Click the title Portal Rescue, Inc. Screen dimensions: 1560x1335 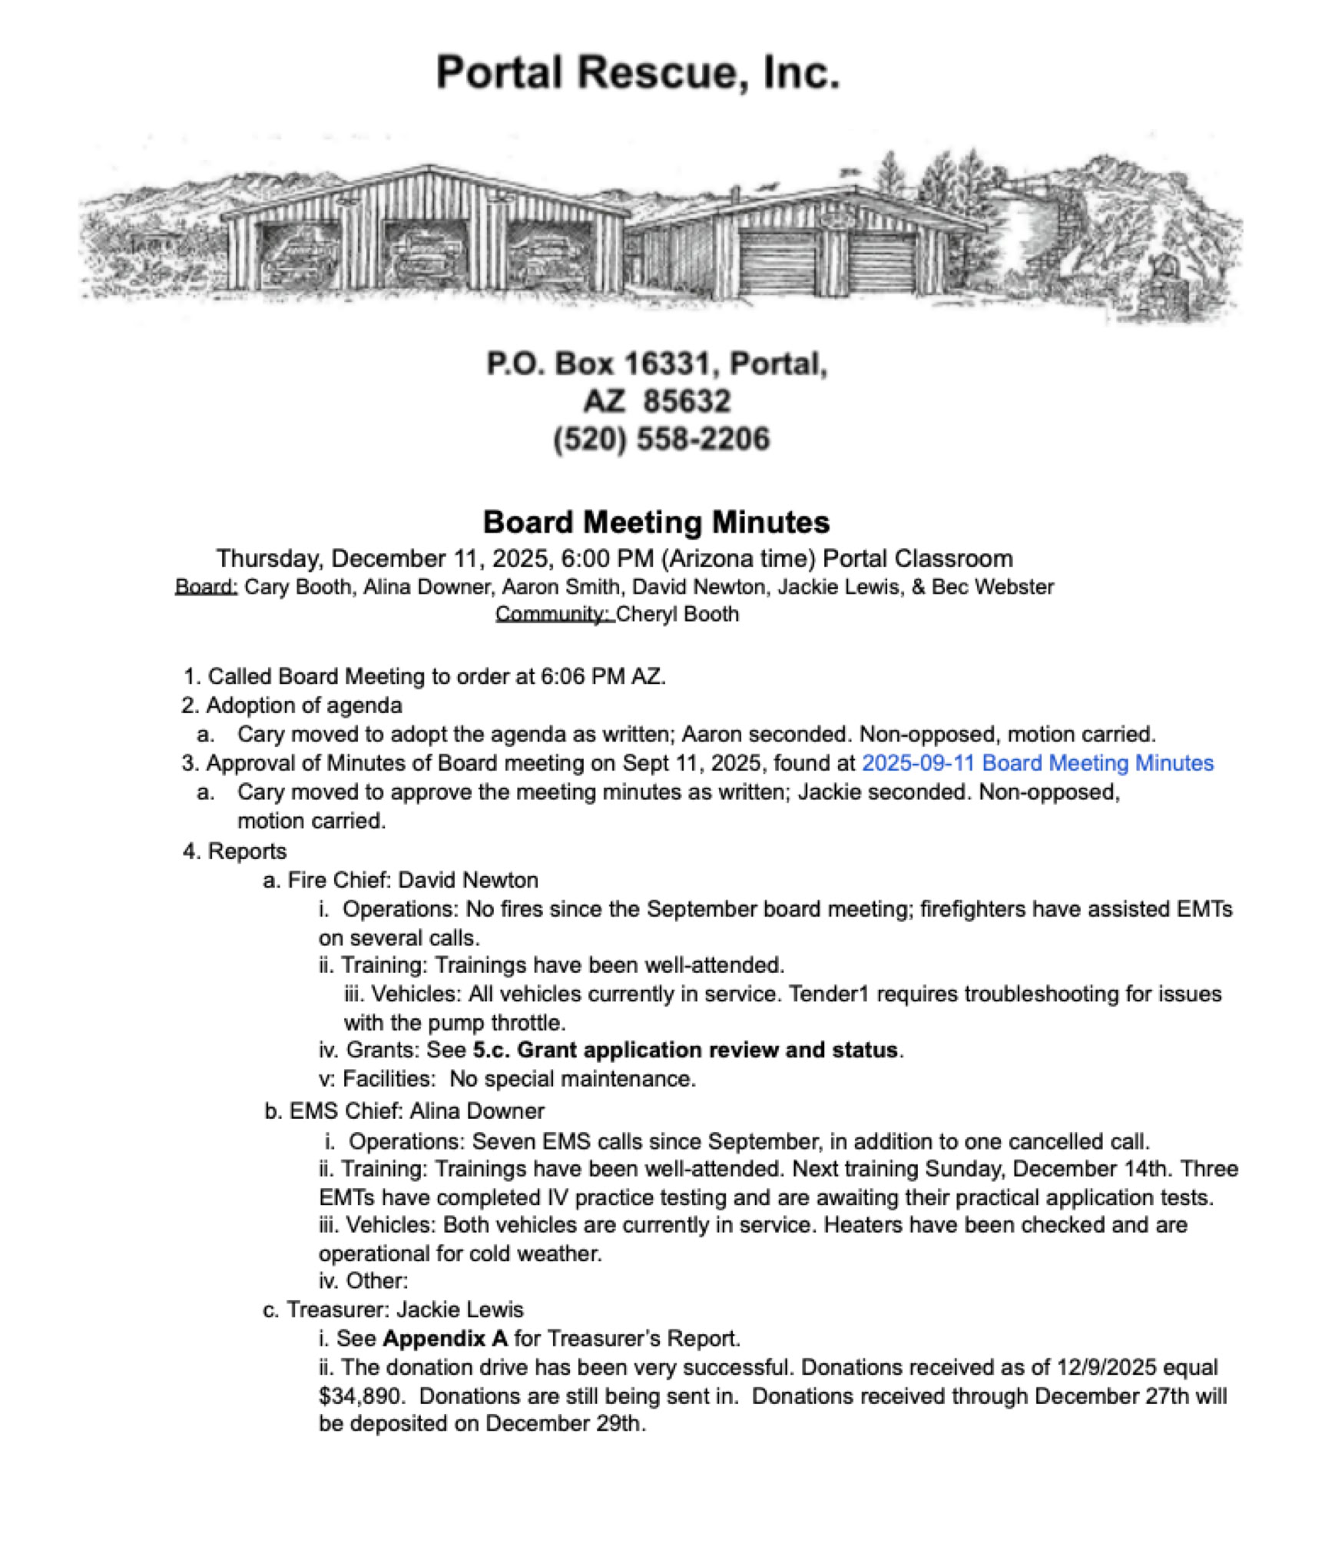(x=638, y=73)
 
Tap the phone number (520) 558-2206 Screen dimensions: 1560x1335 (x=661, y=439)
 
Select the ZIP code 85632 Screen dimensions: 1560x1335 (x=687, y=401)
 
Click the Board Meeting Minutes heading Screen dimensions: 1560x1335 (x=656, y=523)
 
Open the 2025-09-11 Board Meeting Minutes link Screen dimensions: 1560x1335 (x=1037, y=763)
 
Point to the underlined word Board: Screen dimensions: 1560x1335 (x=206, y=587)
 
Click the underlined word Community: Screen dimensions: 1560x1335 (x=553, y=615)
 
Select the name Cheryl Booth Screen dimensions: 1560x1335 (x=677, y=615)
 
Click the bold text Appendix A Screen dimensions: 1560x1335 (x=445, y=1339)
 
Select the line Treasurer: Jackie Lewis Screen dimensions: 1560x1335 (x=393, y=1309)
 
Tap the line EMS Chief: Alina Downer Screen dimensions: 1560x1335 (x=404, y=1111)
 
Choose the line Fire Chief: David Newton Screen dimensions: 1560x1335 (x=400, y=880)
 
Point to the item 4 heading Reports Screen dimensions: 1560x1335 (x=247, y=851)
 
